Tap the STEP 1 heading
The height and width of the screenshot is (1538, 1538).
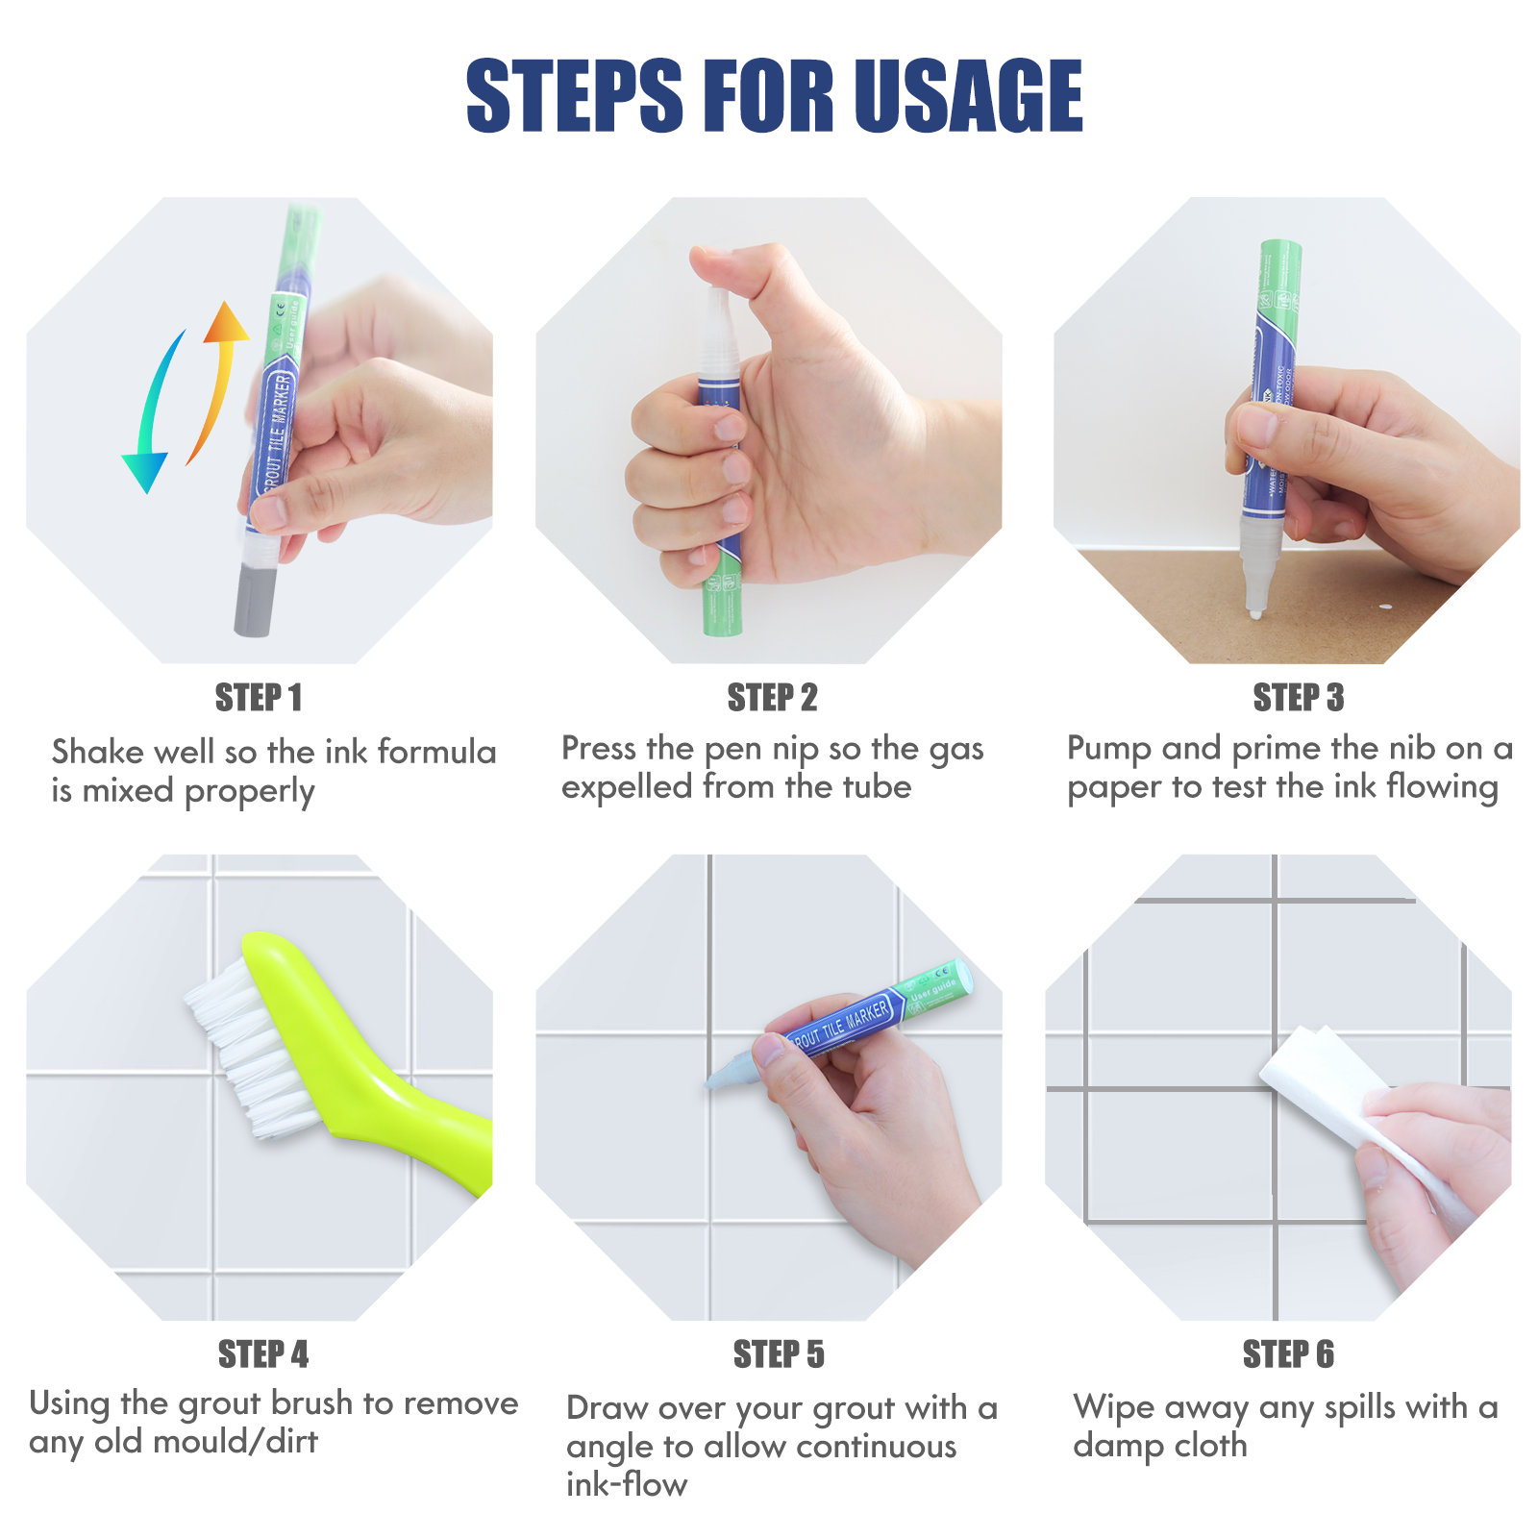pos(259,698)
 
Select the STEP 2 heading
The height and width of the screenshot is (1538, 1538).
pos(772,698)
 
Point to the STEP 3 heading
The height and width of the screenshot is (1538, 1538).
pos(1298,698)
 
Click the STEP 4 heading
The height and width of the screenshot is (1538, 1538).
pos(263,1354)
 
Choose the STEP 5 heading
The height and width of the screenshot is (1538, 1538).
pos(779,1354)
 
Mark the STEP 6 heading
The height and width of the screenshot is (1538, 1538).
pos(1288,1354)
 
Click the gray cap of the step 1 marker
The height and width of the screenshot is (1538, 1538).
pos(255,599)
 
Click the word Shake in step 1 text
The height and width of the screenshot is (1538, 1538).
pos(98,751)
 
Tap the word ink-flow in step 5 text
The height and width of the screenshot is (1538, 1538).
pos(627,1485)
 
